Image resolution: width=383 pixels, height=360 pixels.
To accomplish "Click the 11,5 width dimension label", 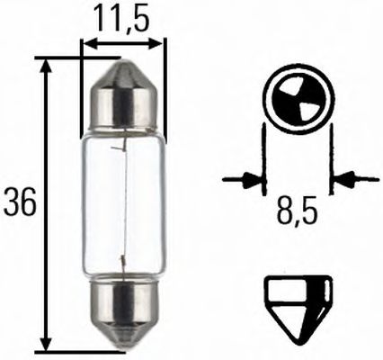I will (122, 18).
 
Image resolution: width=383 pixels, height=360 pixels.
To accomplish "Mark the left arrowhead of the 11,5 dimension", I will (87, 41).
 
